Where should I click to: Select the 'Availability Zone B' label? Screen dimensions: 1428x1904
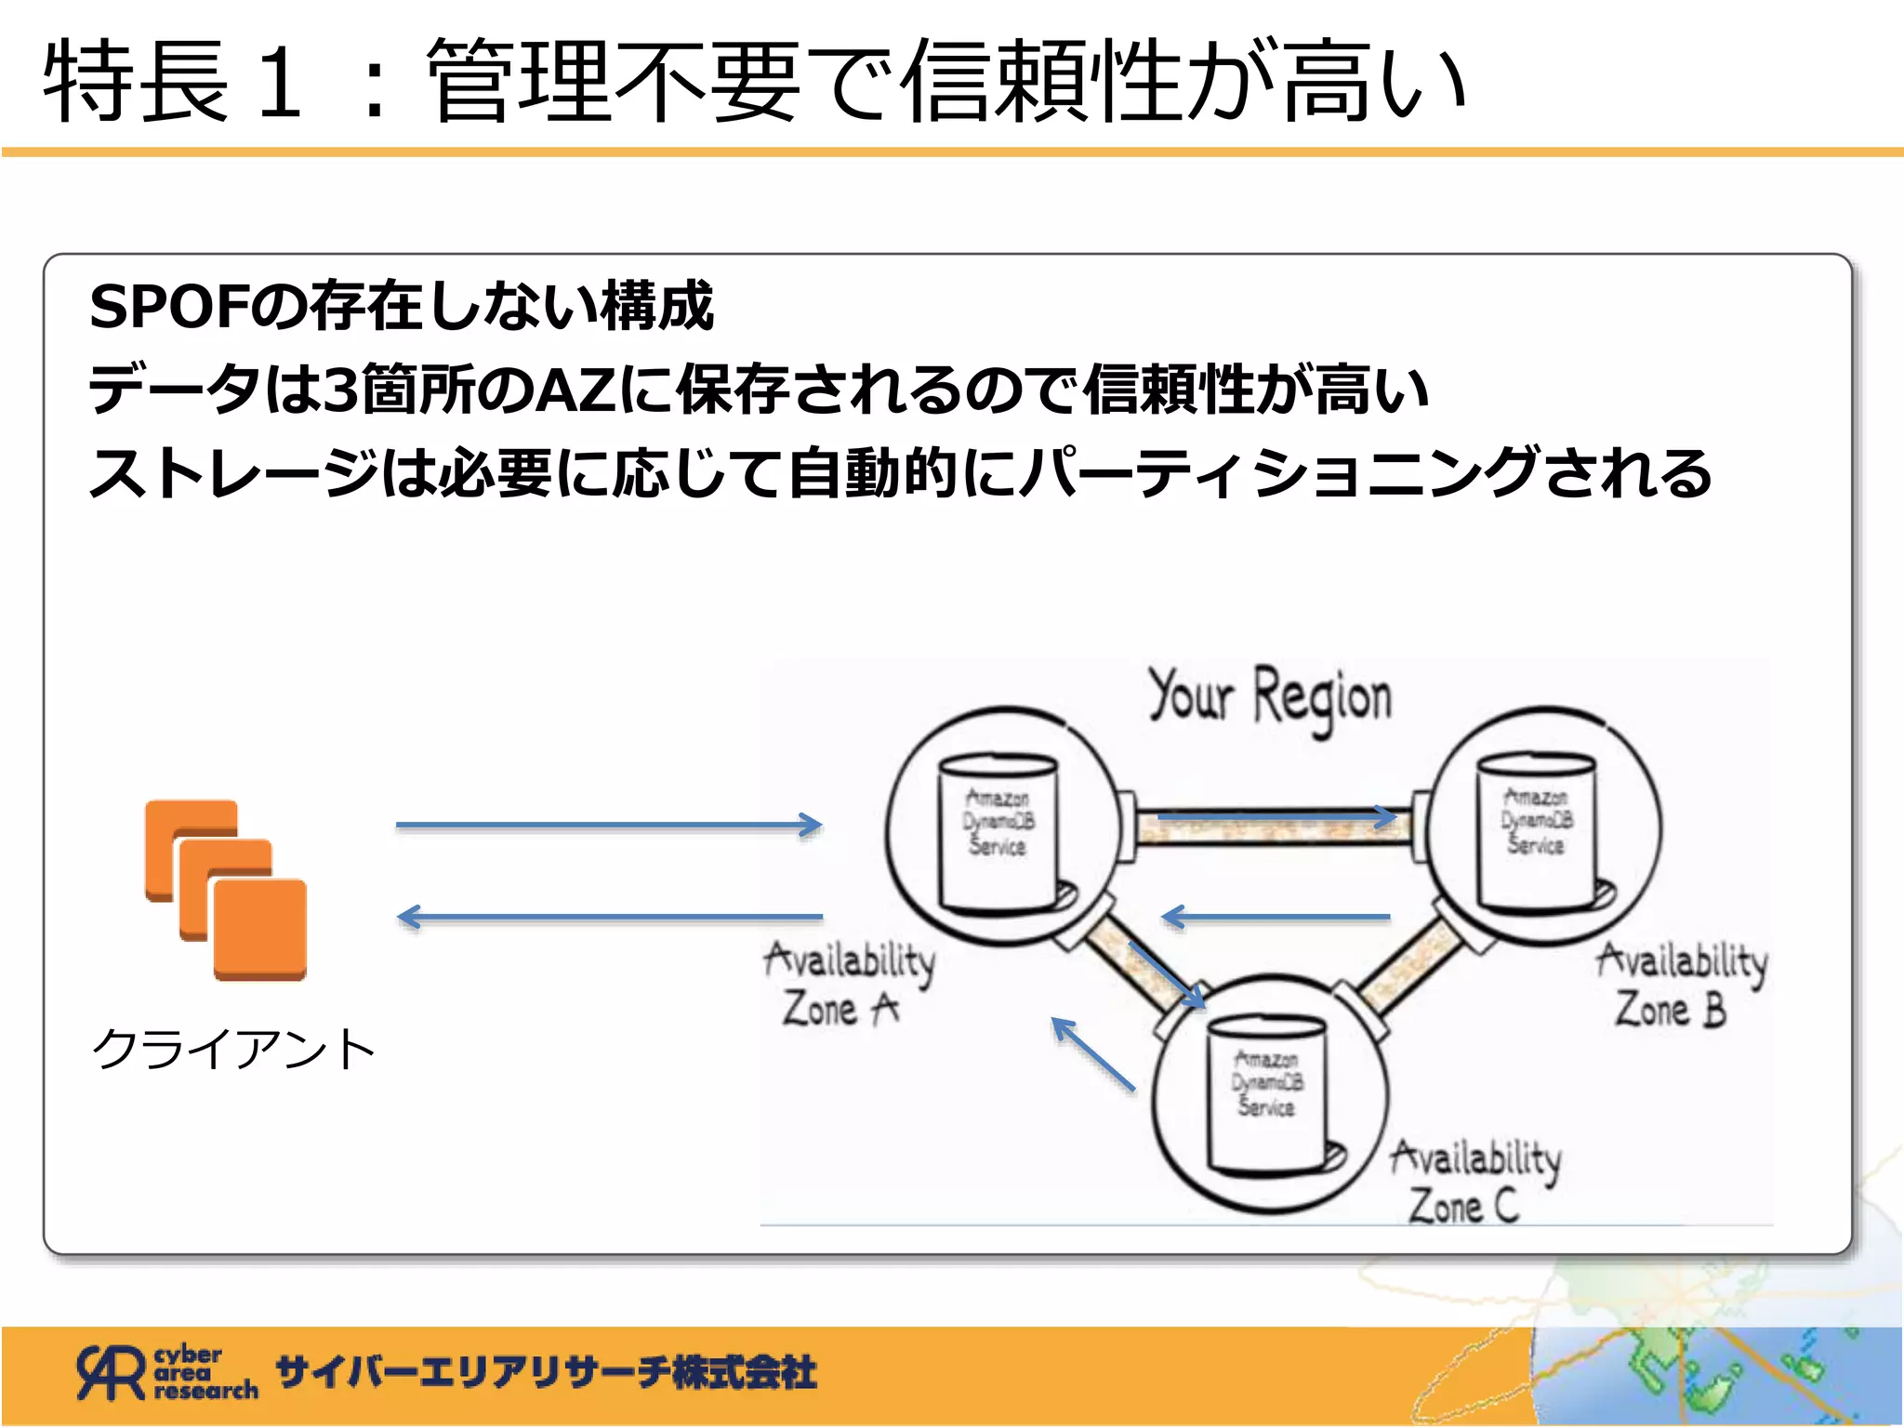(x=1681, y=984)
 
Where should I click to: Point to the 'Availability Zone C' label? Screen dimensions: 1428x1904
(x=1475, y=1181)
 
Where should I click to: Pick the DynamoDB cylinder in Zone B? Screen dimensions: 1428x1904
(x=1537, y=830)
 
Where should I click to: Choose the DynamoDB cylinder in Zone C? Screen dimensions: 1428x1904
(x=1267, y=1092)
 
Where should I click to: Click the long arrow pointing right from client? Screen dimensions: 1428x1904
(x=609, y=825)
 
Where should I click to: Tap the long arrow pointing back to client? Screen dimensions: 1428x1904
(x=609, y=918)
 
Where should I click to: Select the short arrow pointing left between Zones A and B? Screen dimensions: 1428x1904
(x=1276, y=918)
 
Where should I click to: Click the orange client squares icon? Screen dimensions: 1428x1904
(x=226, y=890)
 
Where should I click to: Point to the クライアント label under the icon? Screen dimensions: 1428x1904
(x=233, y=1050)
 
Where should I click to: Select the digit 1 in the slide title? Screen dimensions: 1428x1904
(x=280, y=82)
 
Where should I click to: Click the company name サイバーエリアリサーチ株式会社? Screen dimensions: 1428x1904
(x=547, y=1372)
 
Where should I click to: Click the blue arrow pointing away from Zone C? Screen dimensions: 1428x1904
(x=1093, y=1054)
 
